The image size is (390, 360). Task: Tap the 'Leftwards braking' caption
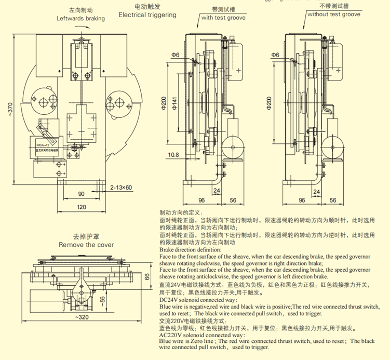coord(80,18)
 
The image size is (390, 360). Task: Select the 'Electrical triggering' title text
coord(147,15)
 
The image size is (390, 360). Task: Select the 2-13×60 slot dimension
coord(122,187)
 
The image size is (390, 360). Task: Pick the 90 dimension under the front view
coord(82,194)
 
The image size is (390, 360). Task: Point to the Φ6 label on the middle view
coord(174,55)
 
